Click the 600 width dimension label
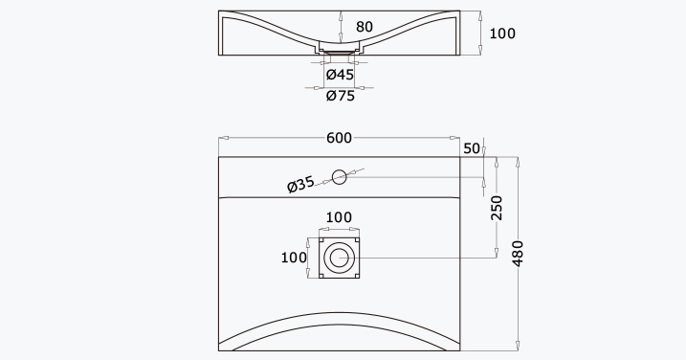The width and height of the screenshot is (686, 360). pyautogui.click(x=339, y=138)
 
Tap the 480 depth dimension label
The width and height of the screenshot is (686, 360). pyautogui.click(x=518, y=253)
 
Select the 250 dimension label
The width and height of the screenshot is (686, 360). pyautogui.click(x=497, y=208)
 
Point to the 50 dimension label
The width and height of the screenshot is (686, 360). pyautogui.click(x=472, y=148)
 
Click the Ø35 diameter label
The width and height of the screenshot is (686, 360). pyautogui.click(x=300, y=184)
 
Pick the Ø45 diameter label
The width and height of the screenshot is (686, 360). pyautogui.click(x=340, y=75)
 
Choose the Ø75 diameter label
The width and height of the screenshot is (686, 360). pyautogui.click(x=341, y=96)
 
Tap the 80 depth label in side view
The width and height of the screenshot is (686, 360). pyautogui.click(x=365, y=27)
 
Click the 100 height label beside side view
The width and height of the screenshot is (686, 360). pyautogui.click(x=502, y=34)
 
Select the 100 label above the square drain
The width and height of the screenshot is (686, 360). pyautogui.click(x=339, y=217)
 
